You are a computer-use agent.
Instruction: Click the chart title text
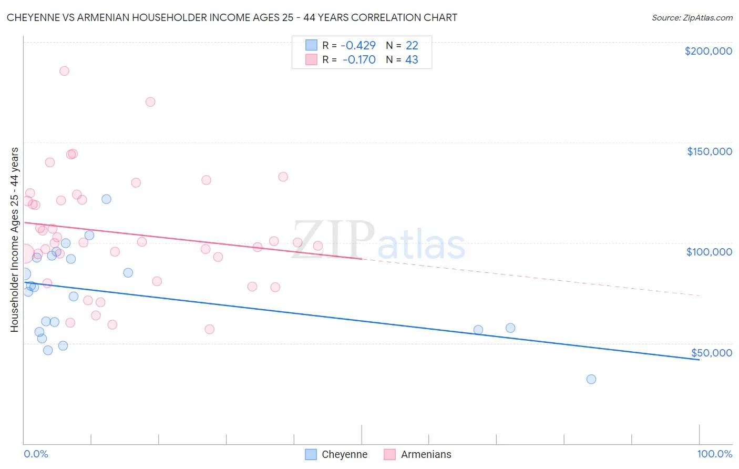tap(232, 17)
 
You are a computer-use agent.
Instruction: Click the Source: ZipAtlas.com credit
tap(692, 18)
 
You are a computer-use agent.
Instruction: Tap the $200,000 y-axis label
tap(708, 51)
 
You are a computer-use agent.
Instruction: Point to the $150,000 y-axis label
tap(709, 151)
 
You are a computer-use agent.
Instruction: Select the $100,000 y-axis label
tap(709, 252)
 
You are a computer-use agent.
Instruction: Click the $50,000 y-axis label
tap(711, 353)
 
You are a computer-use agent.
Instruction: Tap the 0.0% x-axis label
tap(36, 454)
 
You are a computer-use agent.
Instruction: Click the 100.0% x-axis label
tap(714, 454)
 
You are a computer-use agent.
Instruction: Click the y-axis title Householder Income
tap(14, 240)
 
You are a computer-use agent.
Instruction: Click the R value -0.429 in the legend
tap(358, 46)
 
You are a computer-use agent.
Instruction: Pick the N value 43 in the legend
tap(412, 60)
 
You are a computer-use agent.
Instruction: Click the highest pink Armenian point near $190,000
tap(64, 71)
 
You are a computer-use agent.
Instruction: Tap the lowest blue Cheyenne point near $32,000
tap(591, 379)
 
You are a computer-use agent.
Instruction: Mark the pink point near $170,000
tap(150, 102)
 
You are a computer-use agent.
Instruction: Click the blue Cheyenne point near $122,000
tap(106, 199)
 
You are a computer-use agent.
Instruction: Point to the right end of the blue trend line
tap(699, 360)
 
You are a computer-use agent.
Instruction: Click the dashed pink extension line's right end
tap(699, 295)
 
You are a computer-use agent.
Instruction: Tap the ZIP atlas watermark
tap(378, 240)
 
